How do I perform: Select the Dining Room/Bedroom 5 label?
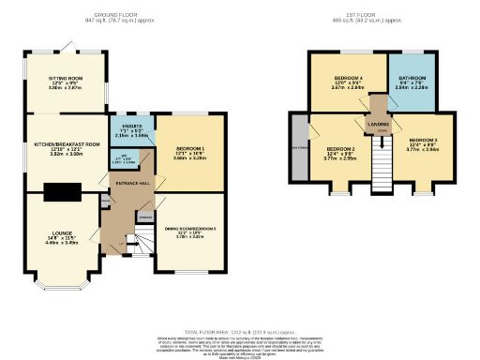pyautogui.click(x=190, y=229)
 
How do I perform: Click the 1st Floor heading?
pyautogui.click(x=361, y=13)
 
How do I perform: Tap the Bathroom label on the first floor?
pyautogui.click(x=412, y=79)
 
